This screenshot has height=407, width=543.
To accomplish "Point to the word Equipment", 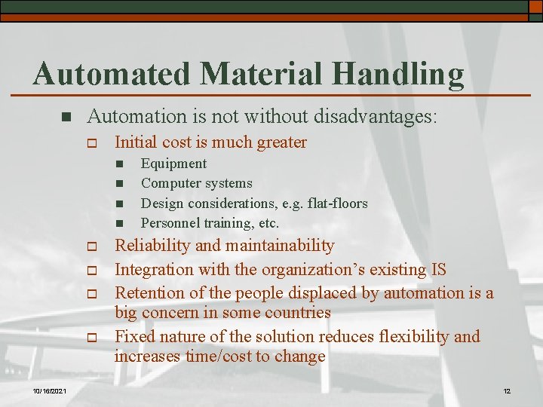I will click(x=173, y=164).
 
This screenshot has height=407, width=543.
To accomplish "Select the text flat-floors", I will click(x=332, y=203).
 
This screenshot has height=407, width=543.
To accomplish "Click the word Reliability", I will click(x=152, y=245).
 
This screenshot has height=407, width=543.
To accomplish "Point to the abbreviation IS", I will click(x=437, y=269).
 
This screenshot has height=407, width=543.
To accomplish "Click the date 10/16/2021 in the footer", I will click(x=51, y=390).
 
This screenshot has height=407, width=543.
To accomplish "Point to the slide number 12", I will click(x=507, y=390).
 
